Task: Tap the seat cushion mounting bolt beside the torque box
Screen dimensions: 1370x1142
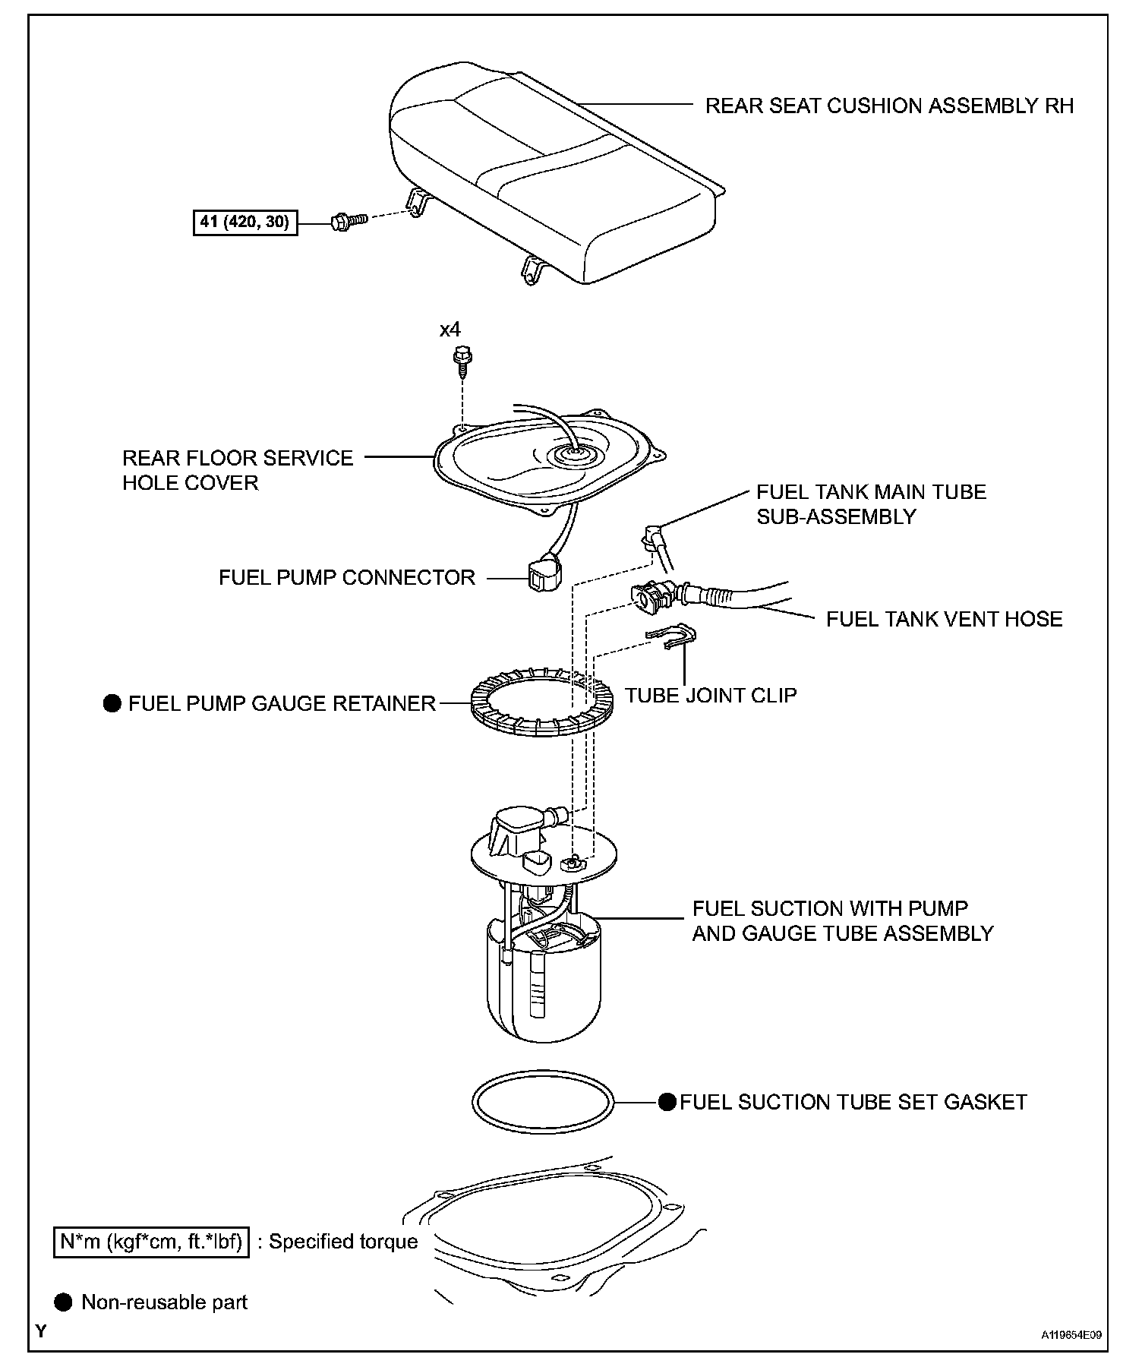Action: pyautogui.click(x=349, y=221)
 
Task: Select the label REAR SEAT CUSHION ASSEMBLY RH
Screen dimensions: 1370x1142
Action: pyautogui.click(x=889, y=106)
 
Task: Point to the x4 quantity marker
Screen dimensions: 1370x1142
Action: pyautogui.click(x=450, y=330)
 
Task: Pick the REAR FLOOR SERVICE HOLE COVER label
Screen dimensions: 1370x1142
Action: pyautogui.click(x=238, y=470)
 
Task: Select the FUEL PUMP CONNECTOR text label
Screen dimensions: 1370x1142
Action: pyautogui.click(x=346, y=577)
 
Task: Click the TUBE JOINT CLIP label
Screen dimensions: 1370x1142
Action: pyautogui.click(x=711, y=695)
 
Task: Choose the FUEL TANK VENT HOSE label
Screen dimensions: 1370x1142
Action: pyautogui.click(x=944, y=619)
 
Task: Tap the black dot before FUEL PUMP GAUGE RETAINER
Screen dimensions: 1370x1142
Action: pyautogui.click(x=112, y=703)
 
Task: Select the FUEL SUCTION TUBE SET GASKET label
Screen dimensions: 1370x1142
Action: pyautogui.click(x=853, y=1102)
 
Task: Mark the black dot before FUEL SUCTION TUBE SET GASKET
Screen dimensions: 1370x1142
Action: pyautogui.click(x=667, y=1102)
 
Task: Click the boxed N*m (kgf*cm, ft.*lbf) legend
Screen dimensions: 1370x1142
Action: pyautogui.click(x=151, y=1242)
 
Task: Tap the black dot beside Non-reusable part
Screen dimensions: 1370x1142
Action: pyautogui.click(x=65, y=1302)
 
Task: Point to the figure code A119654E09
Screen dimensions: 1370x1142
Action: pyautogui.click(x=1071, y=1334)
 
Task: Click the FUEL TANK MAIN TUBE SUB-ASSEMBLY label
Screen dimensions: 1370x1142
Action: pyautogui.click(x=871, y=503)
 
